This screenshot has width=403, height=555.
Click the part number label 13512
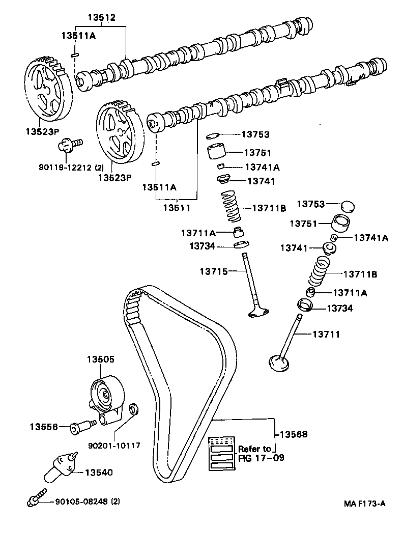[101, 17]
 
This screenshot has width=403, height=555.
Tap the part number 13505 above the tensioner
[100, 359]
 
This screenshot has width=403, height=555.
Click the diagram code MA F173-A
[364, 504]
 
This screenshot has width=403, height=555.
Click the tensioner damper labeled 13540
[60, 466]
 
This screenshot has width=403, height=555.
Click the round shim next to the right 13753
[347, 206]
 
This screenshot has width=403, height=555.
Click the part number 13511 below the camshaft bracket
[176, 208]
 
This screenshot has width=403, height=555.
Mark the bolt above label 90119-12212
[69, 145]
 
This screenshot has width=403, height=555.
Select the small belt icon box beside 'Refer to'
[223, 454]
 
